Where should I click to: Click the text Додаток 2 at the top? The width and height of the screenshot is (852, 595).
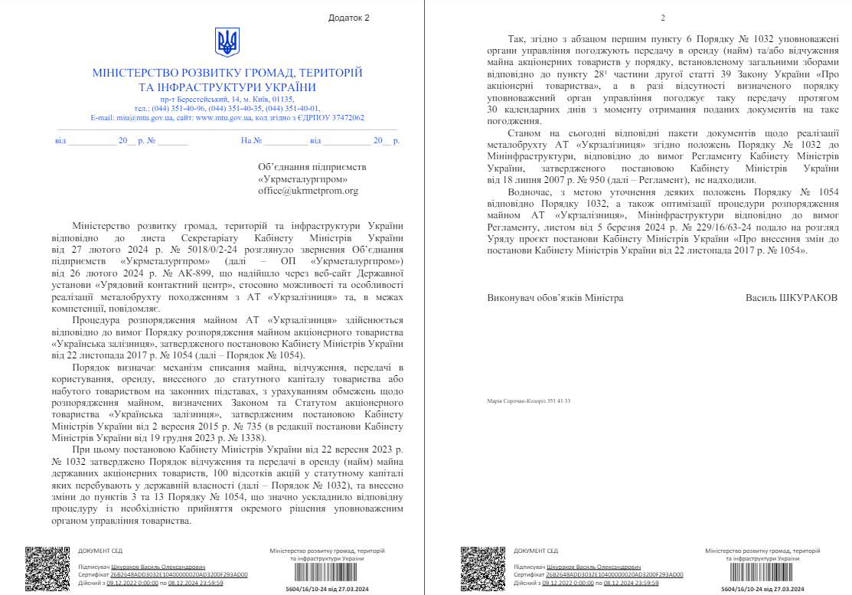(348, 17)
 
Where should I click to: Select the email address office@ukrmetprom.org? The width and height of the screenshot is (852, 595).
(308, 191)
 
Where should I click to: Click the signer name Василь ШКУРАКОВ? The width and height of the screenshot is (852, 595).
(792, 297)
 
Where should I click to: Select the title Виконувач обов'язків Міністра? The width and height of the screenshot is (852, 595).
(555, 297)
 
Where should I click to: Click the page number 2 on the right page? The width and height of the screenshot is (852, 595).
(663, 18)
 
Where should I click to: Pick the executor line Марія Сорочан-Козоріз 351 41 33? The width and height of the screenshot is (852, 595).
(528, 400)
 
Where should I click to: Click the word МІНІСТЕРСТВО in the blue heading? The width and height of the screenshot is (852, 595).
(131, 73)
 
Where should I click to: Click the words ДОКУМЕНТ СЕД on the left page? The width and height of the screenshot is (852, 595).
(100, 551)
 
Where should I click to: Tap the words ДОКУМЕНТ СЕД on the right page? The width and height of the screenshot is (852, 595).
(535, 551)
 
